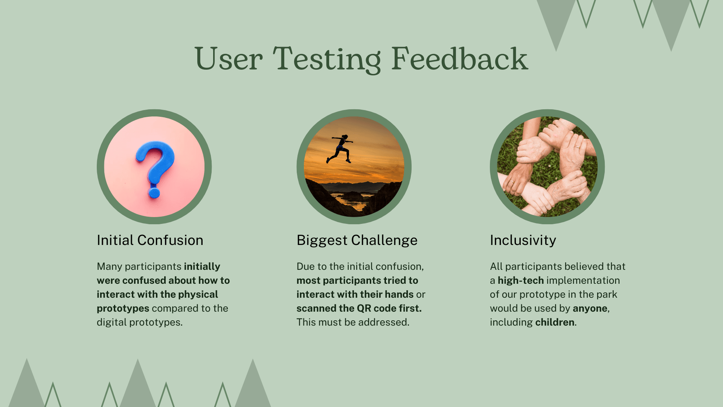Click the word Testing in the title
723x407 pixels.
tap(327, 59)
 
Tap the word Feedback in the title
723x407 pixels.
tap(460, 58)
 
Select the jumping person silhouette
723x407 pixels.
tap(340, 149)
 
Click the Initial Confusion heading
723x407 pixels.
tap(150, 240)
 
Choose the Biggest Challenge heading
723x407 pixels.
tap(357, 240)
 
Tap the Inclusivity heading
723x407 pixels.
tap(523, 240)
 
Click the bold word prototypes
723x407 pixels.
tap(123, 308)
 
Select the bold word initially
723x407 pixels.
tap(202, 266)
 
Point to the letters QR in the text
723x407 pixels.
tap(364, 308)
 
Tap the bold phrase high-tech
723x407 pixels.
tap(521, 280)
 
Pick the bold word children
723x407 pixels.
tap(555, 322)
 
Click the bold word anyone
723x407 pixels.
tap(590, 309)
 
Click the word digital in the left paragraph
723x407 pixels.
tap(111, 323)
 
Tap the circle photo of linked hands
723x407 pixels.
tap(547, 167)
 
